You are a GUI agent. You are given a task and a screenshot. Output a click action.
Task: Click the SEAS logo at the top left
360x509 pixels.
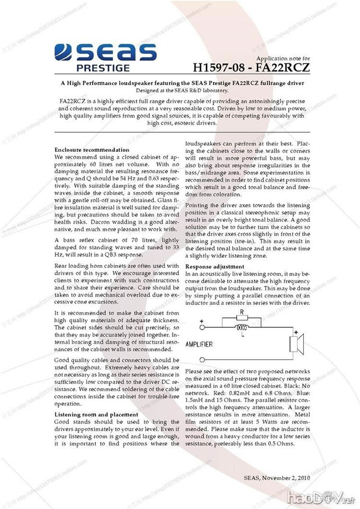(x=106, y=52)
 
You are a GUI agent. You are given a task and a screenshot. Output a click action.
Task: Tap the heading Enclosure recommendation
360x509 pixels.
(x=92, y=150)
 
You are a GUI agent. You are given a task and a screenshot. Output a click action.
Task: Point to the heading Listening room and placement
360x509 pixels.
(x=96, y=414)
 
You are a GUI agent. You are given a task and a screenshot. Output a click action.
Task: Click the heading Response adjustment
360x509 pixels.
(x=214, y=266)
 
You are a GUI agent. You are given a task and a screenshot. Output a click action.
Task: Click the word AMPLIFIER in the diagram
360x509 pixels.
(x=199, y=344)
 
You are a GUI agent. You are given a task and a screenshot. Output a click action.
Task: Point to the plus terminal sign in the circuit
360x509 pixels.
(x=202, y=321)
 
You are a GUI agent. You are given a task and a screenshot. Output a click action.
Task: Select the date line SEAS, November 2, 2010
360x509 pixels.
(x=276, y=477)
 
